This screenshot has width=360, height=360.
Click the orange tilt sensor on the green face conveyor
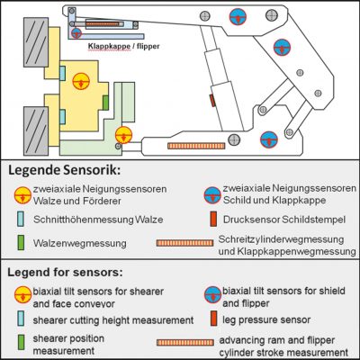pyautogui.click(x=124, y=134)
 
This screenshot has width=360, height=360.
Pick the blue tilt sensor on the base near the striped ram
pyautogui.click(x=267, y=139)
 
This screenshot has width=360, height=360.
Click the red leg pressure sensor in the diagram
pyautogui.click(x=213, y=100)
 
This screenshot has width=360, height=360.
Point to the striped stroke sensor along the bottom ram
pyautogui.click(x=197, y=144)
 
